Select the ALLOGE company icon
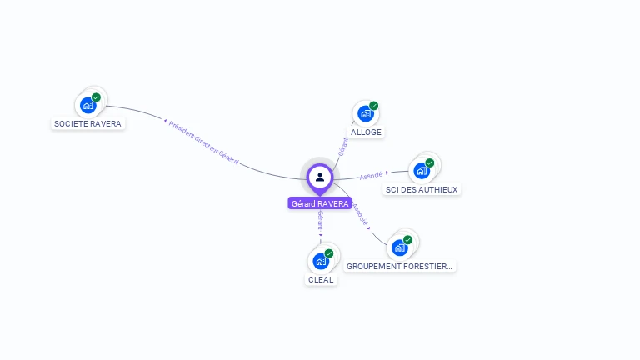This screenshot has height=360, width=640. click(x=364, y=114)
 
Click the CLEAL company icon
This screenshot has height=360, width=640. click(x=320, y=261)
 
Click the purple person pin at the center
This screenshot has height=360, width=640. click(x=320, y=177)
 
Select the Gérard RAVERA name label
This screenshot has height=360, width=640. click(x=320, y=203)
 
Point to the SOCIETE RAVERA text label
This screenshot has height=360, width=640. click(x=87, y=124)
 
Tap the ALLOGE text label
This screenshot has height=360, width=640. click(x=367, y=132)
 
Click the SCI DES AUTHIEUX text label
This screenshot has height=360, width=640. click(x=422, y=189)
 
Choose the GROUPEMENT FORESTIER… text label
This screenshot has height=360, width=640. click(x=400, y=267)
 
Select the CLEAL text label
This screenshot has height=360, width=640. click(x=321, y=280)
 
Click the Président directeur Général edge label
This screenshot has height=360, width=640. click(x=204, y=142)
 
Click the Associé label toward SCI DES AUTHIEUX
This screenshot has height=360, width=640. click(x=372, y=175)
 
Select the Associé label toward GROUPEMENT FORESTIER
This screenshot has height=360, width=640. click(x=360, y=214)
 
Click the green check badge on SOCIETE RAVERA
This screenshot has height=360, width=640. click(x=96, y=97)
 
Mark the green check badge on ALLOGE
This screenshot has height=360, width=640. click(x=373, y=106)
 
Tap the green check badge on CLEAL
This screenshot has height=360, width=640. click(x=329, y=252)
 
